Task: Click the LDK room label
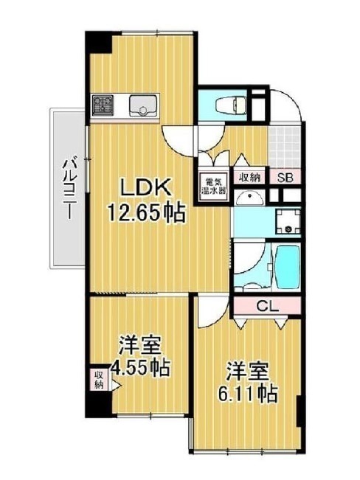pos(145,188)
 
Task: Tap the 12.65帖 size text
pos(146,212)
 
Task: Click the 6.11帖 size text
pos(248,394)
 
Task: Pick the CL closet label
pos(268,305)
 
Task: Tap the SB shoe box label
pos(285,178)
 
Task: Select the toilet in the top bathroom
pos(231,105)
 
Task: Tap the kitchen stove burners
pos(103,105)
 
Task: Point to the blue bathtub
pos(287,266)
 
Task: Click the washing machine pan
pos(288,221)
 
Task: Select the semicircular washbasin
pos(249,198)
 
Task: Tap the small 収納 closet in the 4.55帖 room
pos(99,379)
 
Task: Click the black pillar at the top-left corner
pos(98,42)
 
